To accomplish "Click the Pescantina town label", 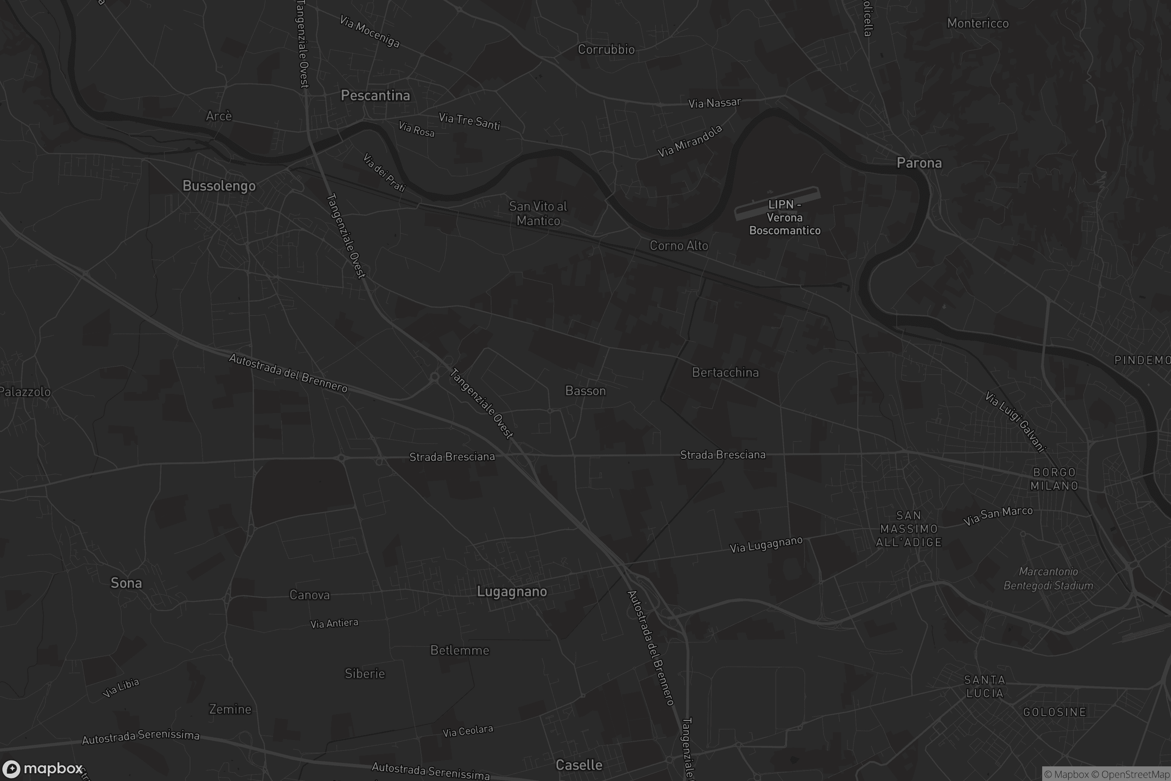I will (375, 96).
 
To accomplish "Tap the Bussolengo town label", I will (219, 186).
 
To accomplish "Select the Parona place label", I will (919, 163).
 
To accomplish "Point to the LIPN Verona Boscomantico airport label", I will (785, 218).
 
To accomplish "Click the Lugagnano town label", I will (512, 592).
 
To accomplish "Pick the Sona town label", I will (126, 583).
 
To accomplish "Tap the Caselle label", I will (579, 765).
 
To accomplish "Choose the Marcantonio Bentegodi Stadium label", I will (1048, 579).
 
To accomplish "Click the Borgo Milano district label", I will (1054, 479).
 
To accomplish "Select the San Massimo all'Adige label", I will (909, 529).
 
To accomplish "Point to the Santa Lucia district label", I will (984, 686).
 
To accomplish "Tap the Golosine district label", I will (1054, 712).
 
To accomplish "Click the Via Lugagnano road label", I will (766, 544).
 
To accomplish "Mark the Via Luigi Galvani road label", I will (1015, 421).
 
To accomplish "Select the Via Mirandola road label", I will (689, 142).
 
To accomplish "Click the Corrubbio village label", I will (606, 49).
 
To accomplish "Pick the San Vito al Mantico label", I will (538, 213).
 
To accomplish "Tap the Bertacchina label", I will (726, 372).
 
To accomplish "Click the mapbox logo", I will (42, 768).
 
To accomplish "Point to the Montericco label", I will (977, 23).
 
